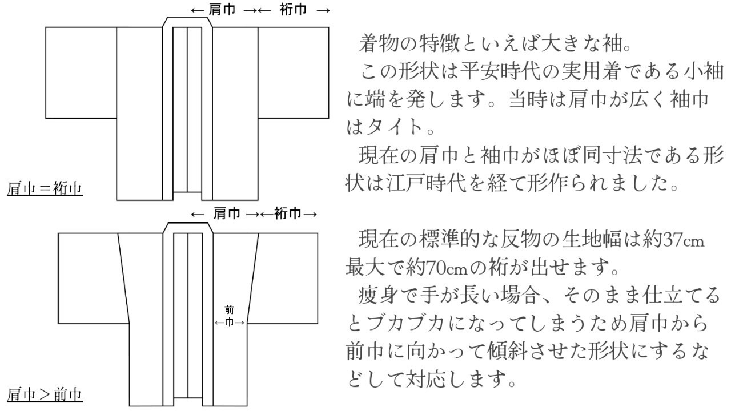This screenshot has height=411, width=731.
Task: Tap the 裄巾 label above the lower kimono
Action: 288,214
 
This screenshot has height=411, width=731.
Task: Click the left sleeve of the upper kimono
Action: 81,72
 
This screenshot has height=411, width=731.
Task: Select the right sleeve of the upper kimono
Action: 293,72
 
